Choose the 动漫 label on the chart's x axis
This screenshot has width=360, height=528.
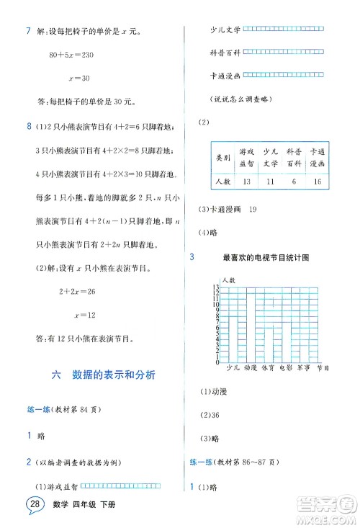tap(251, 367)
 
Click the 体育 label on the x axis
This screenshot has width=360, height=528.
tap(269, 367)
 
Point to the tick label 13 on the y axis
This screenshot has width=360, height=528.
tap(215, 287)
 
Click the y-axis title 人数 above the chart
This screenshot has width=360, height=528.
tap(229, 278)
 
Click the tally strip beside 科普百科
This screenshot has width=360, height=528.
tap(282, 52)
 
